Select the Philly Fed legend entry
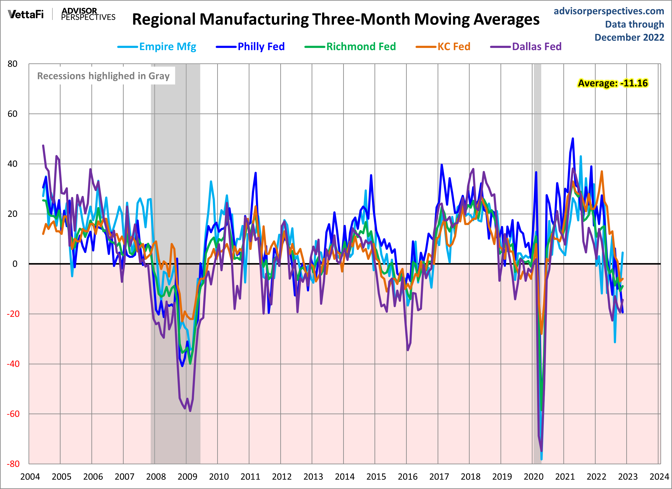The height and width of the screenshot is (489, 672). coord(261,47)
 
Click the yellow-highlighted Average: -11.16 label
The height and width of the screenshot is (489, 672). coord(613,83)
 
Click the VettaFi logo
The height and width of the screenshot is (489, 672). coord(26,14)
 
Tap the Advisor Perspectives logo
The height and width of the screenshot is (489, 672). coord(88,14)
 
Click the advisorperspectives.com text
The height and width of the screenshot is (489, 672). coord(609,11)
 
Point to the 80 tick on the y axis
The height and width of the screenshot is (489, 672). coord(12,64)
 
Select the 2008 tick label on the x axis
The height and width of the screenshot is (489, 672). coord(156,477)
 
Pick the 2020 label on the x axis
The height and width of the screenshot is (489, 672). coord(533,477)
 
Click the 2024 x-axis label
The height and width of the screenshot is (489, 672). coord(659,477)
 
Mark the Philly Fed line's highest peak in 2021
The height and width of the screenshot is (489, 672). coord(573,139)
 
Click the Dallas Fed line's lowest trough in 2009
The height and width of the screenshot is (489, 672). coord(190,411)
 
